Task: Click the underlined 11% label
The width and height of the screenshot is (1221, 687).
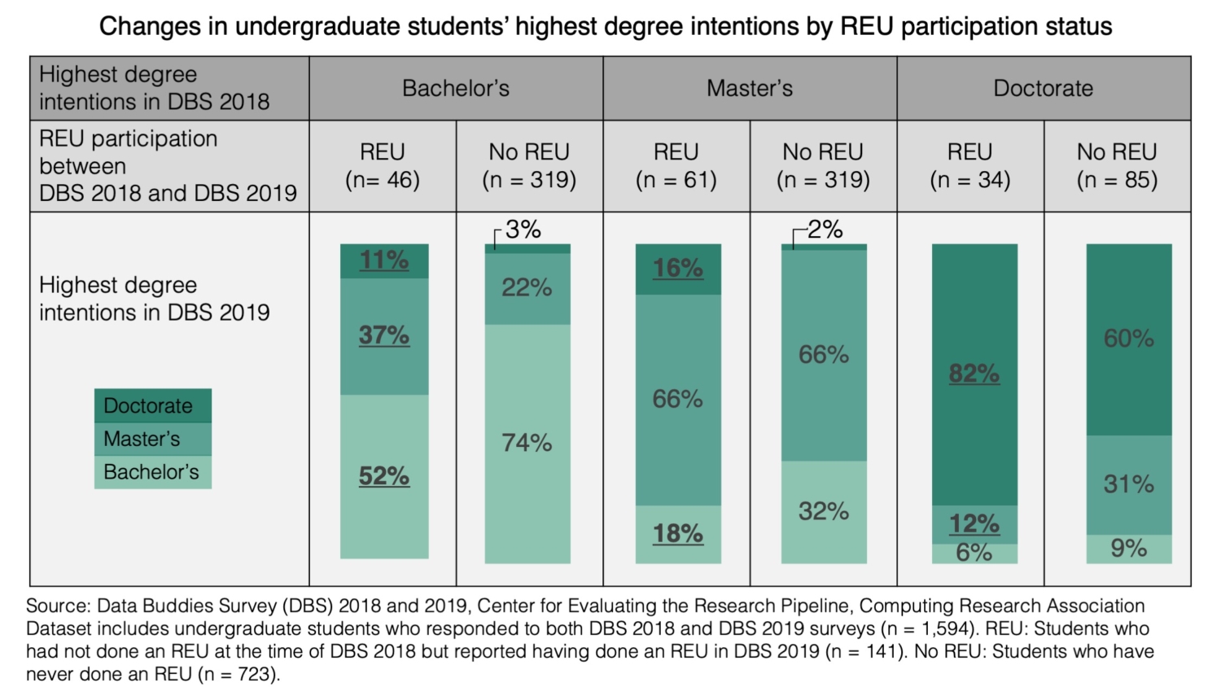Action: click(384, 260)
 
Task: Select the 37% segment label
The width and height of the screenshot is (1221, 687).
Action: click(384, 335)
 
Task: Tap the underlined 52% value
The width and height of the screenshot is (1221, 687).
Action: click(384, 475)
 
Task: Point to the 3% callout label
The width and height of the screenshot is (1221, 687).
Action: click(523, 230)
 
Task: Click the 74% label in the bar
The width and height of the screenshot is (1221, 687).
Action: click(527, 443)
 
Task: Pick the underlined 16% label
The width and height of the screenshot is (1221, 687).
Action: click(677, 268)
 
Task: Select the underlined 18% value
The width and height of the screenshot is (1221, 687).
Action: click(677, 533)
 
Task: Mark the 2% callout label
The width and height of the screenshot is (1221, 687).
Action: click(825, 230)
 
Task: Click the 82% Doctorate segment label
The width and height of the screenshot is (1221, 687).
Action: click(974, 374)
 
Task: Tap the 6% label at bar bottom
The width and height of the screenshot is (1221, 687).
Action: click(974, 553)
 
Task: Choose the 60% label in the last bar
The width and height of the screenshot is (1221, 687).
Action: click(1128, 339)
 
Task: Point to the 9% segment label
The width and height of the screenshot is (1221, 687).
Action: click(1128, 549)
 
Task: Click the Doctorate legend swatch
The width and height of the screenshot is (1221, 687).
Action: click(152, 405)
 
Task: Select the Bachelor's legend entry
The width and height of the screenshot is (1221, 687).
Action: click(152, 472)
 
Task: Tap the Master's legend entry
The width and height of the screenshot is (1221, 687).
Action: click(152, 439)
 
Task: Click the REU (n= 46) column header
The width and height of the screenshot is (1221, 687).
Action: click(383, 166)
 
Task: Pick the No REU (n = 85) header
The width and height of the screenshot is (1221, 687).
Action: click(1117, 166)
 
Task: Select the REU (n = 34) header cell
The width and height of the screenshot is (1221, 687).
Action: click(969, 166)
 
